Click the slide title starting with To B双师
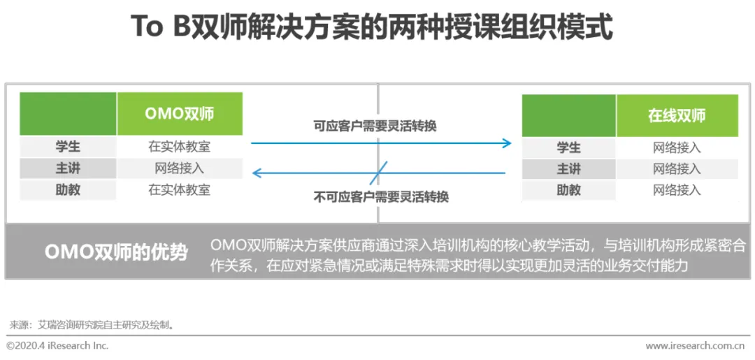[x=372, y=29]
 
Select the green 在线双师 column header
[x=677, y=116]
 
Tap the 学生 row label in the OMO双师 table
[x=68, y=147]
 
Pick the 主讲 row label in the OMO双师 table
[x=68, y=168]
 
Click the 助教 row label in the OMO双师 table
[x=68, y=189]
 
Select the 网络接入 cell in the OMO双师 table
[x=180, y=168]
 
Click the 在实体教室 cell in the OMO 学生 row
[x=180, y=147]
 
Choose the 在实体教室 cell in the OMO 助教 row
[x=180, y=189]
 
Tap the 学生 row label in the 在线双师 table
[x=569, y=147]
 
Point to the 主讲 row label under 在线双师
[x=569, y=168]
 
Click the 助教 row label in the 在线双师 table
[x=569, y=189]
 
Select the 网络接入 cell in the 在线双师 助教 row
[x=677, y=189]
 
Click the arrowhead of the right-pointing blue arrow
[x=508, y=143]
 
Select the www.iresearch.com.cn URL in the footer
[x=694, y=346]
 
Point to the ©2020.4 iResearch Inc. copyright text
[x=57, y=346]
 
